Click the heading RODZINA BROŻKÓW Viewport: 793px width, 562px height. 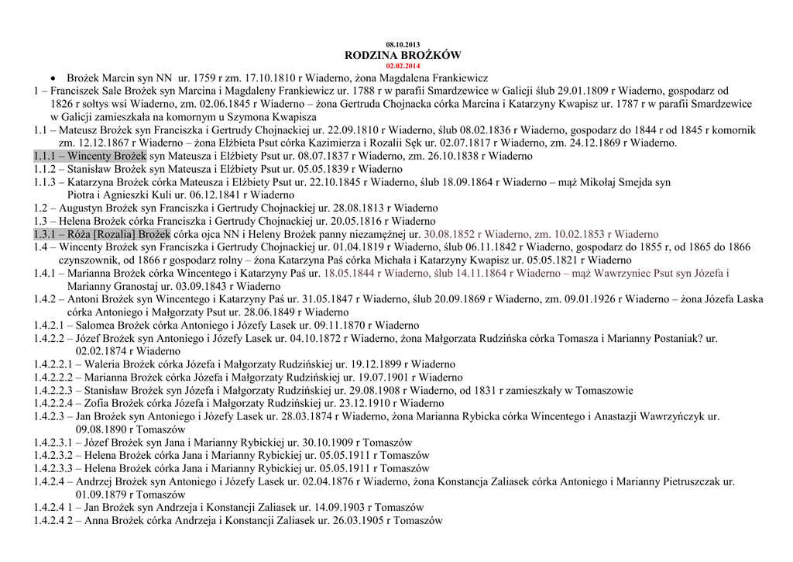(x=402, y=55)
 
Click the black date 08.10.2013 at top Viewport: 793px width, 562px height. (x=402, y=44)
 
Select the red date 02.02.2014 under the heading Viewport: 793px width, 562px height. (x=402, y=66)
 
